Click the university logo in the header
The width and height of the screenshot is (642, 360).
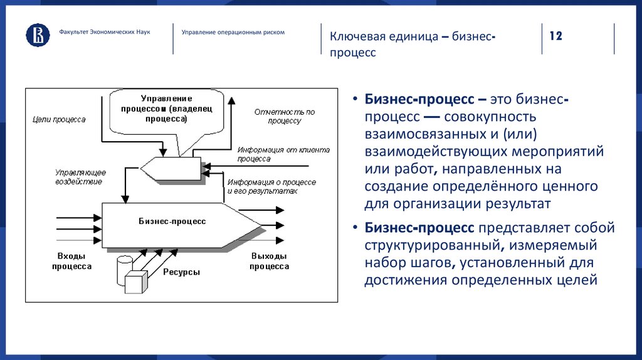click(38, 35)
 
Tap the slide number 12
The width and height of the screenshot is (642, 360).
click(556, 36)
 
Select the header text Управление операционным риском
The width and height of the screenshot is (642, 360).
click(233, 32)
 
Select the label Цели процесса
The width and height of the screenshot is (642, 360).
click(58, 119)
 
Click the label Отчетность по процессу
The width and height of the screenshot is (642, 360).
click(284, 116)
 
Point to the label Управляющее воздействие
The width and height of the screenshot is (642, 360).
click(80, 176)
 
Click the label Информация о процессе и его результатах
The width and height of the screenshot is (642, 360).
click(271, 186)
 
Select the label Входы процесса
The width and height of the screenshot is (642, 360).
click(74, 261)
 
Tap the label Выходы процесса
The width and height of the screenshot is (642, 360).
click(269, 261)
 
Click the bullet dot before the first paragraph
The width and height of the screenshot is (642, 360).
click(355, 100)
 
